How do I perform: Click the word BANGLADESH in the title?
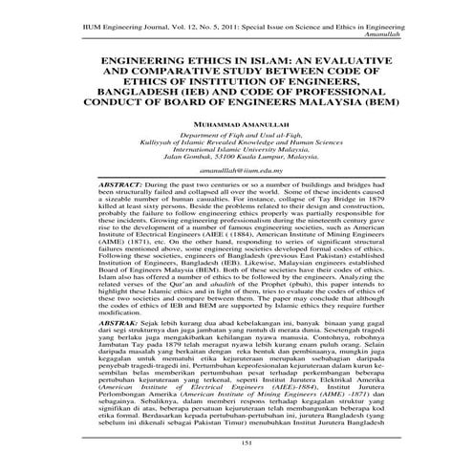click(142, 94)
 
